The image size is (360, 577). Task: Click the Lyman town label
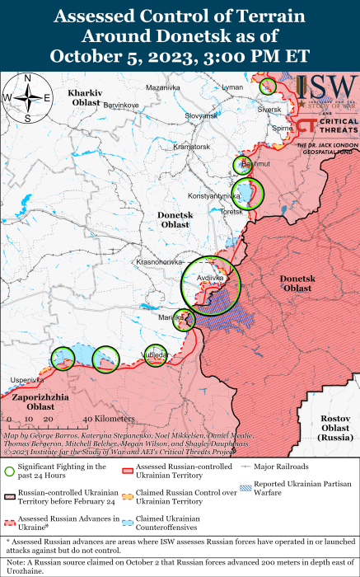point(233,87)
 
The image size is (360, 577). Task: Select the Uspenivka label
point(26,380)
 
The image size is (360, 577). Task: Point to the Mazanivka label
point(163,87)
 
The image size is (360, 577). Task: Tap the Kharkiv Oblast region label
point(84,98)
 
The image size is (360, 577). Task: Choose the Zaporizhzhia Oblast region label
point(39,401)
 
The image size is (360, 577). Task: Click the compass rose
point(28,97)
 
